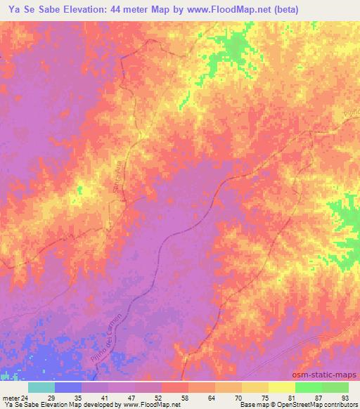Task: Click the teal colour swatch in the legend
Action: click(x=41, y=387)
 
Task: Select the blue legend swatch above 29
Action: click(x=68, y=387)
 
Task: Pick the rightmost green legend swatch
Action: click(x=335, y=387)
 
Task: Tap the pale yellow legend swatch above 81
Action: click(x=282, y=387)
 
